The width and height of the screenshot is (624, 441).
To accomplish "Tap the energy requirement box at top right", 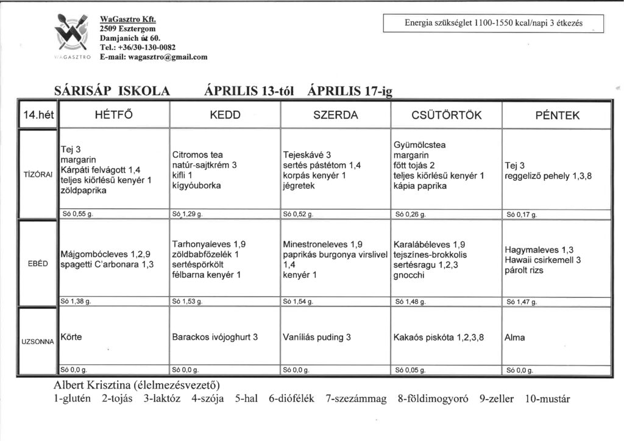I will point(494,23).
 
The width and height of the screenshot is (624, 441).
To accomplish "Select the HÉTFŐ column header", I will point(114,115).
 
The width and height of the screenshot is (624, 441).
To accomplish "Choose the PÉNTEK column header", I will point(555,115).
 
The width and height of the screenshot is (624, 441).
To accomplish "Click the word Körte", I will point(71,337).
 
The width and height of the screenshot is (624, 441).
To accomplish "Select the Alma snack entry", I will point(514,337).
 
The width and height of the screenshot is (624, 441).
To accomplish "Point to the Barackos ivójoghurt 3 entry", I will point(214,337).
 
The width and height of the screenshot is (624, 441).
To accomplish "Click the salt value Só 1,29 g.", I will point(188,214).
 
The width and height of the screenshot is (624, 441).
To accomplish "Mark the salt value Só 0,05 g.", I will point(412,369).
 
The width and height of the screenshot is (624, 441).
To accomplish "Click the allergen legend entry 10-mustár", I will point(547,400).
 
